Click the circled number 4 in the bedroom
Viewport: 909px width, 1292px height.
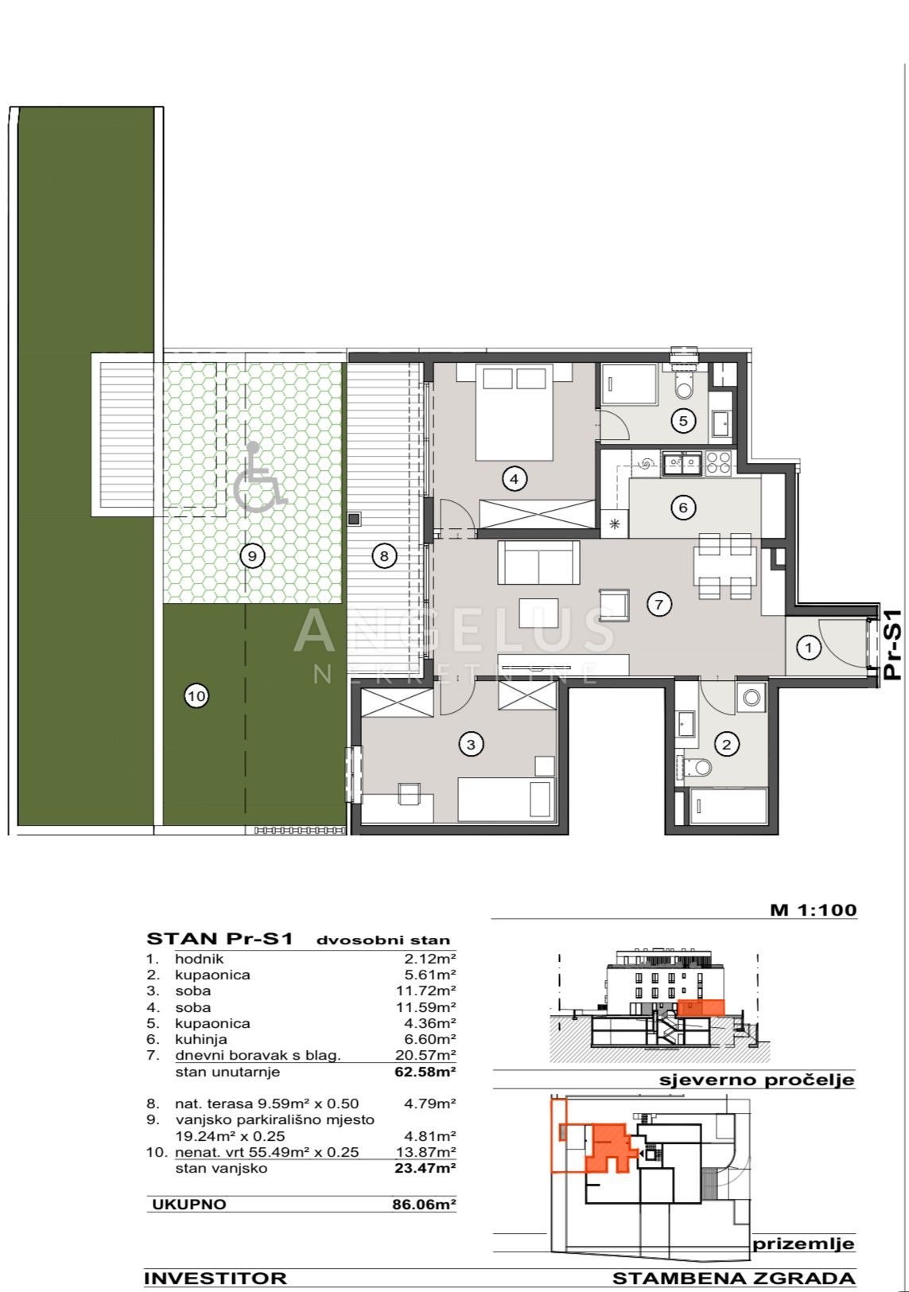(x=515, y=478)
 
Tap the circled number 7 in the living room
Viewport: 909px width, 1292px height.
(x=658, y=604)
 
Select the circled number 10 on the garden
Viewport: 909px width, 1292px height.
(x=196, y=695)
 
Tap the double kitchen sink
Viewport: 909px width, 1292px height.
(x=682, y=463)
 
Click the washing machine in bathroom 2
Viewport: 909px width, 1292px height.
(x=751, y=698)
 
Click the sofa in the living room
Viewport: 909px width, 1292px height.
(x=538, y=563)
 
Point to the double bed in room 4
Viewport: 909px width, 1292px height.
(x=515, y=411)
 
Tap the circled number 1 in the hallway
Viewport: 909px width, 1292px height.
(x=808, y=648)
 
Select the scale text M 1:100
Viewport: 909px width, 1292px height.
(x=814, y=909)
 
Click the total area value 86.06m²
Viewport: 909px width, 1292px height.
(x=424, y=1204)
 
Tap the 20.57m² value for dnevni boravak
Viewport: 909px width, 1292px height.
(x=425, y=1072)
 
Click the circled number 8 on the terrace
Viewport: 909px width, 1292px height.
(x=384, y=556)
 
